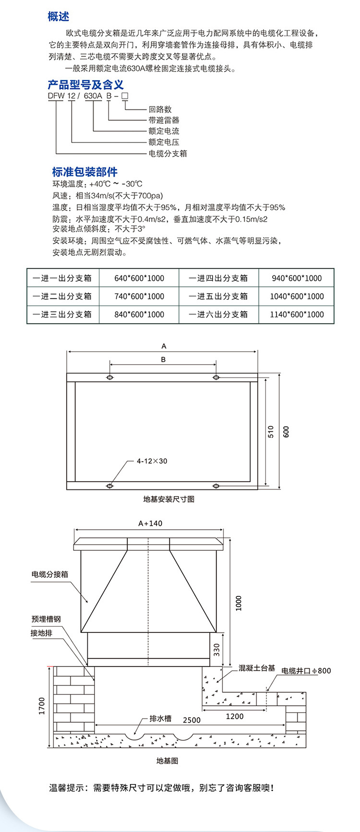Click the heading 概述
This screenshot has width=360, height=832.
(x=59, y=17)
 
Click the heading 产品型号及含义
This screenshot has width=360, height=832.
(x=85, y=85)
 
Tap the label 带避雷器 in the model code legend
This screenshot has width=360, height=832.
(x=164, y=120)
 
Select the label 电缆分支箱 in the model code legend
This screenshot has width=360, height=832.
(x=168, y=154)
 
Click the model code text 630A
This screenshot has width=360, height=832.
(x=93, y=96)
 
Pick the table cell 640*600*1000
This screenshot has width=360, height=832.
(x=139, y=278)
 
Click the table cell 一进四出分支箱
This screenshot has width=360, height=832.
(x=218, y=278)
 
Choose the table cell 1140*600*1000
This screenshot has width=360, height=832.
(x=297, y=315)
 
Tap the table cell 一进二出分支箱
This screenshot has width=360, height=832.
(x=62, y=297)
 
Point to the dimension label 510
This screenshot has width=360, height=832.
(x=271, y=431)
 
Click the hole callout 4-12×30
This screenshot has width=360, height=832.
(x=152, y=461)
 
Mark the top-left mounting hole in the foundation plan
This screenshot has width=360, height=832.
(x=110, y=378)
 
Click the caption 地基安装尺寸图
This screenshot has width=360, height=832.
(x=169, y=499)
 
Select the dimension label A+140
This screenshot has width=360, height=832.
(x=150, y=523)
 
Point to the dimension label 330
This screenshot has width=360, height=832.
(x=216, y=650)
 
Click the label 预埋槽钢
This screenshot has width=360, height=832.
(x=47, y=619)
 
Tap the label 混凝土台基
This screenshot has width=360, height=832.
(x=257, y=668)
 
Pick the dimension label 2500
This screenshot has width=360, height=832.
(x=192, y=720)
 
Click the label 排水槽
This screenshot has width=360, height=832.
(x=160, y=718)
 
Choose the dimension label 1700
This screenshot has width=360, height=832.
(x=42, y=706)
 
